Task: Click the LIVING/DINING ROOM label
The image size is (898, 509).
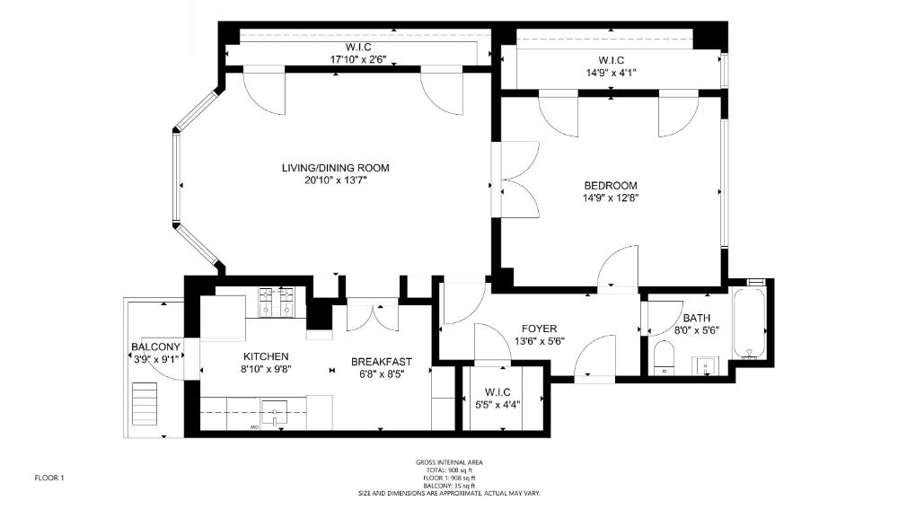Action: tap(335, 168)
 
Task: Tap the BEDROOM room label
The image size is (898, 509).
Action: tap(610, 186)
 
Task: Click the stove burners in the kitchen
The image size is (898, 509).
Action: tap(277, 302)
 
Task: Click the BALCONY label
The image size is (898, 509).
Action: tap(155, 347)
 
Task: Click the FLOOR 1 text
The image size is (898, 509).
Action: tap(49, 478)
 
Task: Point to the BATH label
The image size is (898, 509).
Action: tap(696, 318)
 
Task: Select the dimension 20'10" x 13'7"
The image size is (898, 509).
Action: tap(335, 180)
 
